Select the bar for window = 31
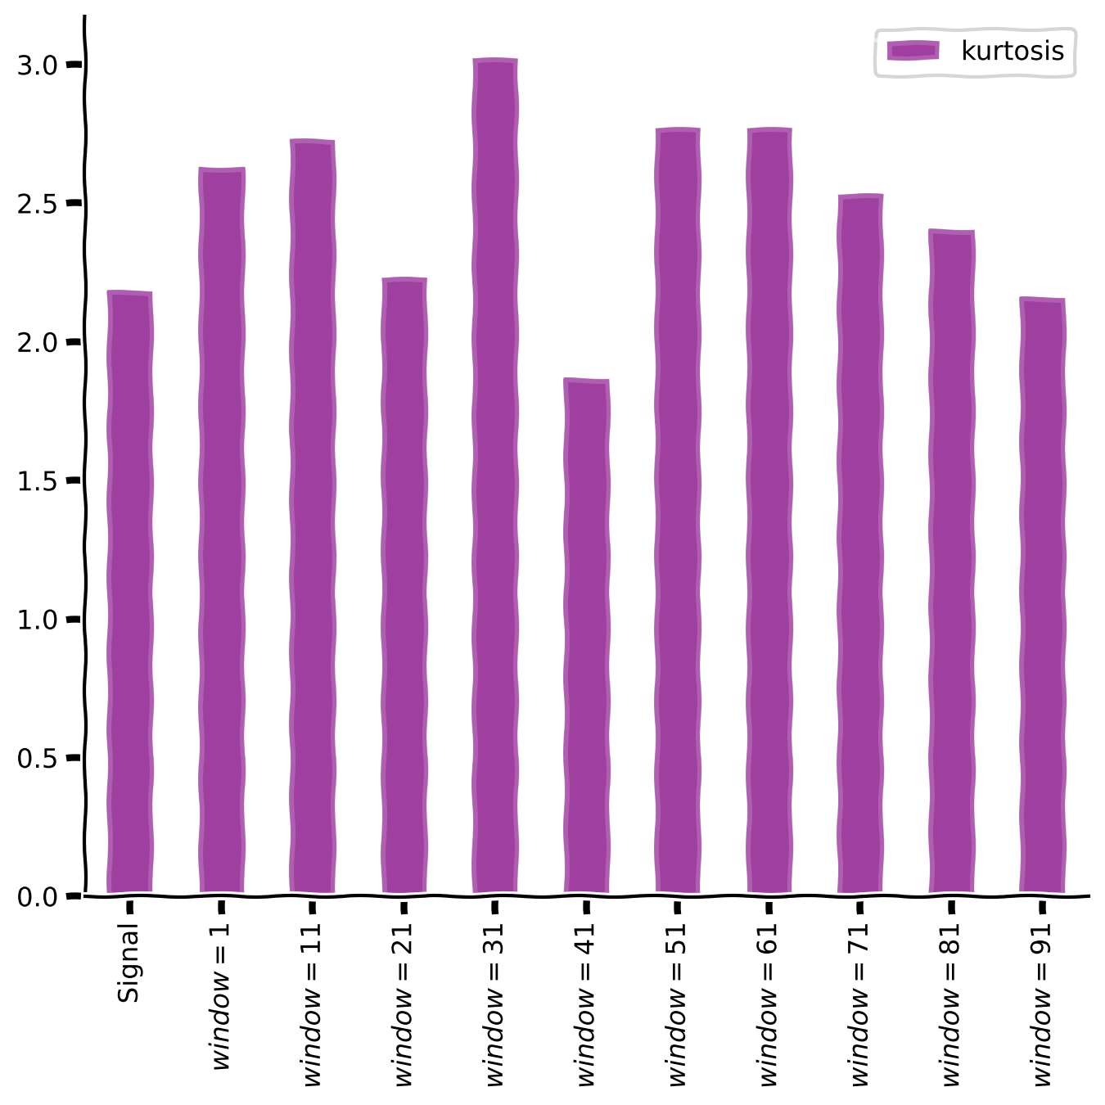coord(495,476)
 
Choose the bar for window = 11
coord(312,516)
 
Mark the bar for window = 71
coord(859,543)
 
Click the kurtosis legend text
coord(1013,52)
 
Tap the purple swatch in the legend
coord(913,52)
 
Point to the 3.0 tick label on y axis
coord(37,65)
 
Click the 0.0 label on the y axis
coord(37,897)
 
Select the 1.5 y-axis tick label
coord(37,481)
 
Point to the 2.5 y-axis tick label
coord(37,204)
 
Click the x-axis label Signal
coord(129,963)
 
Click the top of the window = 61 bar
coord(769,130)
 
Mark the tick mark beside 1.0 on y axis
coord(74,620)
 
